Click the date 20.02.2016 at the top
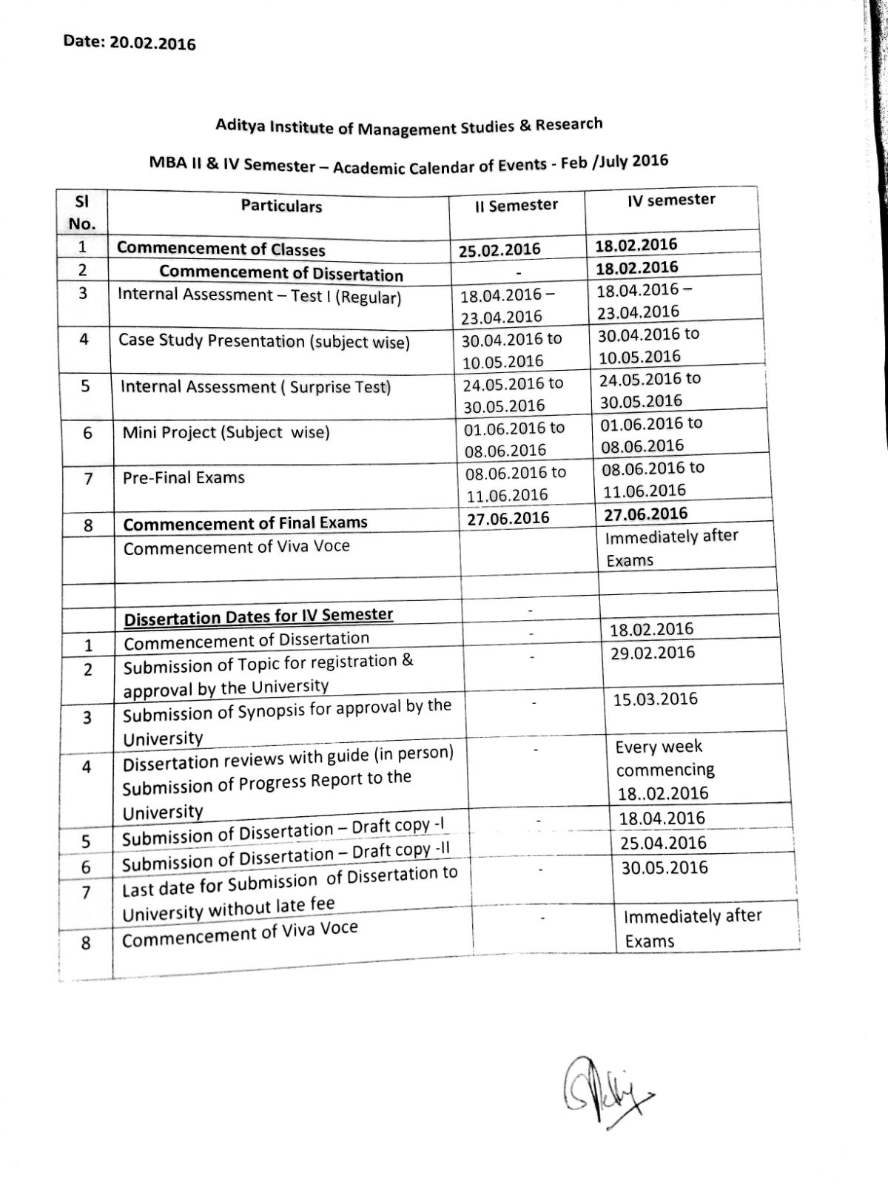(153, 43)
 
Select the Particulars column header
(281, 206)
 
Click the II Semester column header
(517, 205)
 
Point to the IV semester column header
(671, 201)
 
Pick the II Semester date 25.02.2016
(499, 250)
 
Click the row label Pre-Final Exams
(184, 478)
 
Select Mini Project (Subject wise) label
(226, 432)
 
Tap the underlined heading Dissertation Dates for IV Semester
(258, 616)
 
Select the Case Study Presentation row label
(263, 341)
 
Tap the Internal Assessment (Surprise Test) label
(255, 387)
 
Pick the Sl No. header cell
(82, 212)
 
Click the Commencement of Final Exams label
(245, 523)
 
